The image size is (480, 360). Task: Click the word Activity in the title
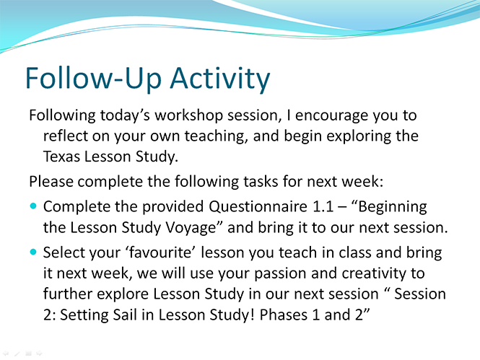coord(220,79)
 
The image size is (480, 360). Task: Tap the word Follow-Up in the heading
coord(93,79)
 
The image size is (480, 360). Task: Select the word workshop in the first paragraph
coord(188,115)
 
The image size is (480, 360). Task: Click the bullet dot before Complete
coord(33,206)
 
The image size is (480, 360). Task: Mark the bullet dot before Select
coord(33,252)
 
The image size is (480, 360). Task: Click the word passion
coord(280,273)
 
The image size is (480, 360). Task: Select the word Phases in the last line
coord(283,315)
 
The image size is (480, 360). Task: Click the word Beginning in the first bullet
coord(393,207)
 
